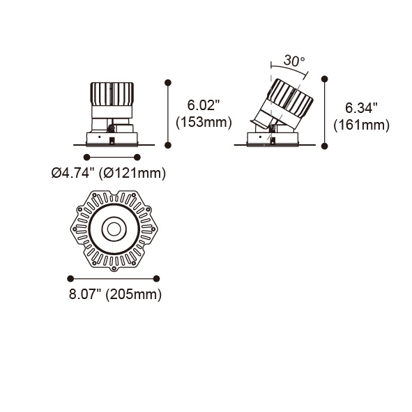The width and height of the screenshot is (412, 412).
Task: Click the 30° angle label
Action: pyautogui.click(x=294, y=61)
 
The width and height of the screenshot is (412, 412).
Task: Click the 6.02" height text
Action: pyautogui.click(x=203, y=105)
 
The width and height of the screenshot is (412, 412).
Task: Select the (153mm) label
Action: pyautogui.click(x=204, y=123)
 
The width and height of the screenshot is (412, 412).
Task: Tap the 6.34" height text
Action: pyautogui.click(x=361, y=108)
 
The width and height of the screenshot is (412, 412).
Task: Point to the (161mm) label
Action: pyautogui.click(x=361, y=125)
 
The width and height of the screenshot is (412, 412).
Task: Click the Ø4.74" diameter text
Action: pyautogui.click(x=73, y=173)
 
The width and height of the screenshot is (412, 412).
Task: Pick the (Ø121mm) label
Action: pyautogui.click(x=132, y=174)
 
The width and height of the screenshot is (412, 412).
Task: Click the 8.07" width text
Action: pyautogui.click(x=85, y=294)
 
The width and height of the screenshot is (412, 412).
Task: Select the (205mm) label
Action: pyautogui.click(x=133, y=294)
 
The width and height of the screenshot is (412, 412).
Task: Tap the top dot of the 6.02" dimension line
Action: pyautogui.click(x=168, y=83)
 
